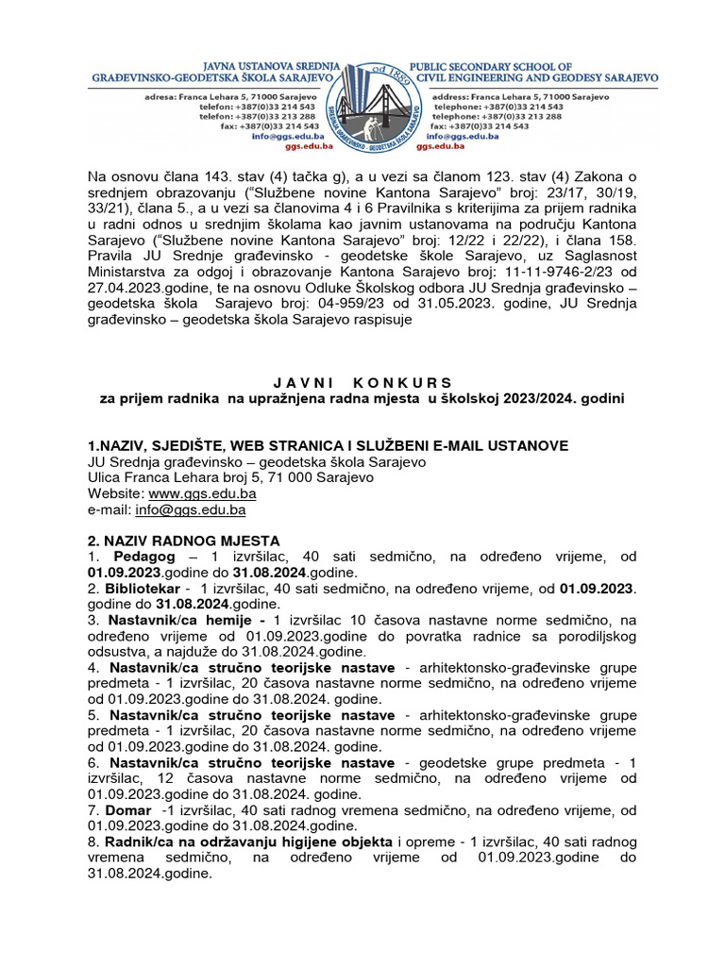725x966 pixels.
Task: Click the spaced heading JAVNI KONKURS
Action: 362,382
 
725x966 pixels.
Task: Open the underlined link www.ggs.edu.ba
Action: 203,493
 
